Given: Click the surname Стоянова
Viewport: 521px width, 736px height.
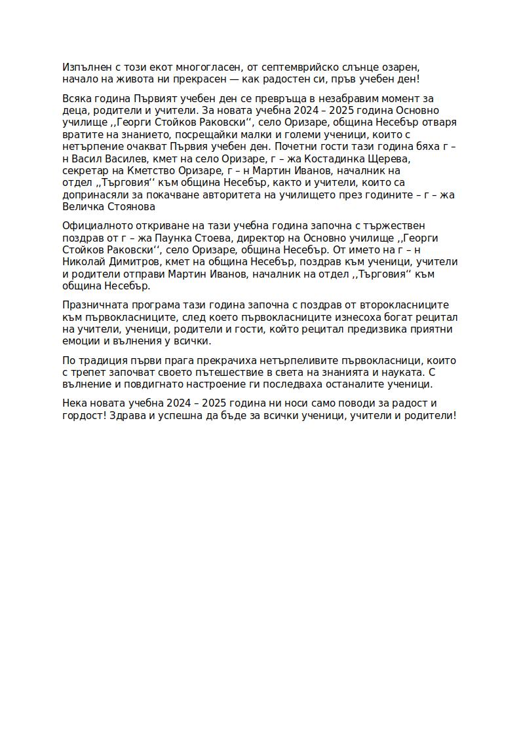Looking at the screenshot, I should [x=128, y=206].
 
